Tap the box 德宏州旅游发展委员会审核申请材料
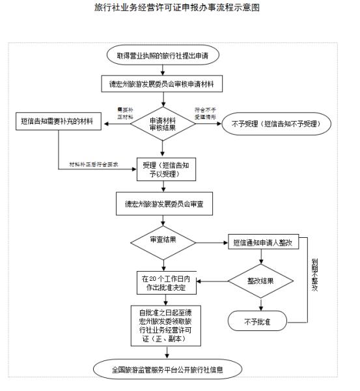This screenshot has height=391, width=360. click(x=167, y=85)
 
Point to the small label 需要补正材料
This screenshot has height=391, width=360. click(x=124, y=112)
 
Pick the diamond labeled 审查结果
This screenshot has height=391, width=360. click(x=163, y=240)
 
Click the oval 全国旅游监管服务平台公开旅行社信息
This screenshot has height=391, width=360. click(x=167, y=370)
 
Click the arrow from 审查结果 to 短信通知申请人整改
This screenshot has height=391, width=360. click(x=211, y=241)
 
